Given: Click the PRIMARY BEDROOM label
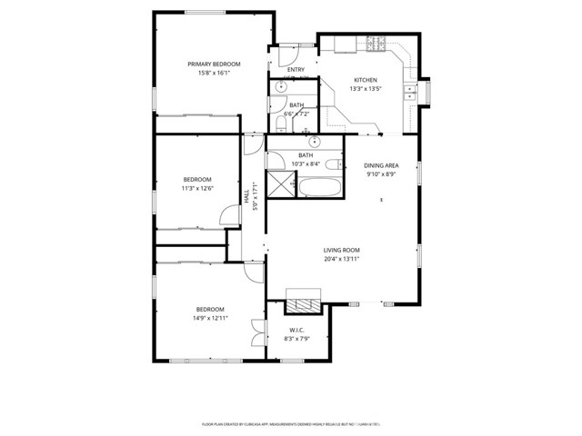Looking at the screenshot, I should coord(214,64).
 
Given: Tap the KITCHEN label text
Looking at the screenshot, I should coord(365,80).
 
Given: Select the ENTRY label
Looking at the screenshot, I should coord(296,70).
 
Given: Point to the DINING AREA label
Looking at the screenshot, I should coord(381,165).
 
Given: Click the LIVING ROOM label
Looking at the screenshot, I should coord(342,250).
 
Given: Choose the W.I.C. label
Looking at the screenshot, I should coord(296,329).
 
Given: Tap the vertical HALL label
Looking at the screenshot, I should coord(246,195).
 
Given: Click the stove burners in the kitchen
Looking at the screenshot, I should coord(376,42).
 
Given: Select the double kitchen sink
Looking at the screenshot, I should coord(411,93).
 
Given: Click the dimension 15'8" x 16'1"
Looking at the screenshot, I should coord(214,74).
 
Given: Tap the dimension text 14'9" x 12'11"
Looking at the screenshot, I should coord(209,318).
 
